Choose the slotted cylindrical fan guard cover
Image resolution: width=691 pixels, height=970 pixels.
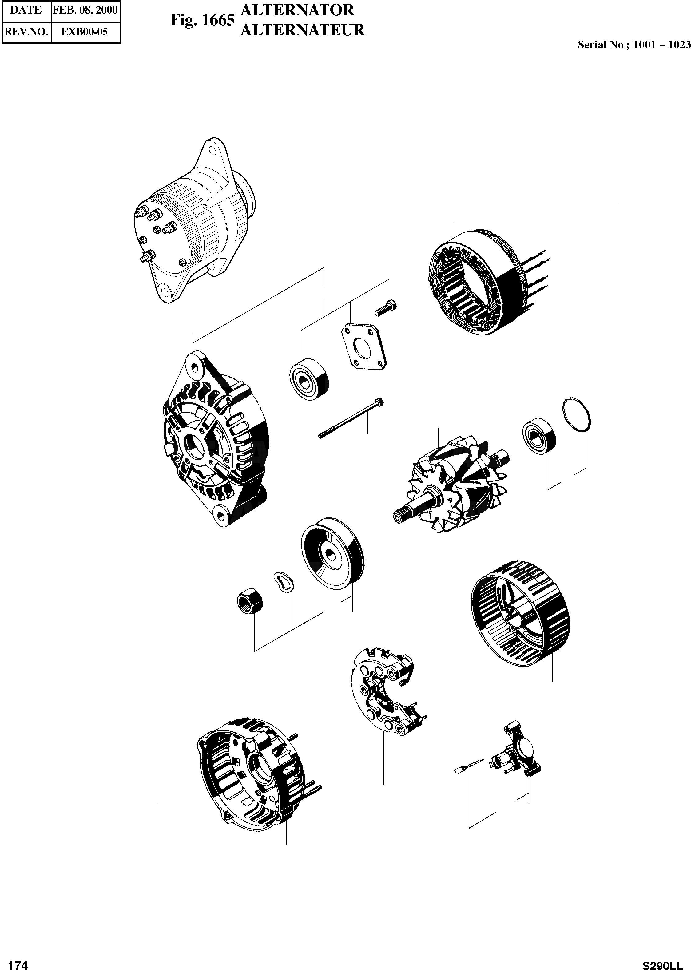click(520, 614)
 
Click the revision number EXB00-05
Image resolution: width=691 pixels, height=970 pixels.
click(85, 32)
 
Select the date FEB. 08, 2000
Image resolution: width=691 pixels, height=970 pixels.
click(85, 10)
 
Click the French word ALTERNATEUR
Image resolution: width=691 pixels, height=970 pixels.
click(302, 30)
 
